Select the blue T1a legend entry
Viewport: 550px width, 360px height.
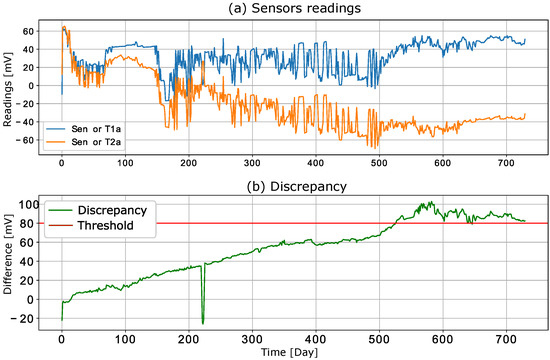pyautogui.click(x=80, y=129)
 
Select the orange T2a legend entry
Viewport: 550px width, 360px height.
pyautogui.click(x=80, y=143)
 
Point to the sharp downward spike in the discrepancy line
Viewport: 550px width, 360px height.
pyautogui.click(x=203, y=323)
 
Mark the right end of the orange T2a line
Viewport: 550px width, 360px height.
pyautogui.click(x=525, y=116)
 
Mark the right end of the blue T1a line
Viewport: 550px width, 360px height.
pyautogui.click(x=525, y=39)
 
